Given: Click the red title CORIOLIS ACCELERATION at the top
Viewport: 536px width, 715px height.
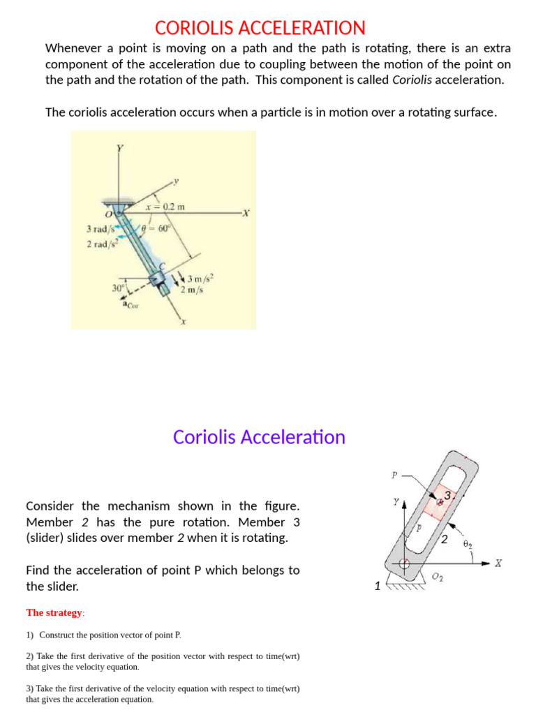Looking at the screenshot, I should click(260, 28).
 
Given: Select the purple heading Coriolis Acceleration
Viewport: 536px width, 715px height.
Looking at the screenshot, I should click(259, 437).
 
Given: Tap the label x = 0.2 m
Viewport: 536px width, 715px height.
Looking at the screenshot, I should click(164, 207).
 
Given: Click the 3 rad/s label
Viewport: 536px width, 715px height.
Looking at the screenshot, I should click(99, 228).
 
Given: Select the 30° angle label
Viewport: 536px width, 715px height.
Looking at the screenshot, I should click(118, 288).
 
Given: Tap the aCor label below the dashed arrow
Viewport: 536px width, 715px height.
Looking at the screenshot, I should click(131, 304).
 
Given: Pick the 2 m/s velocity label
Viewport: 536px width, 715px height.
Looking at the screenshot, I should click(192, 290).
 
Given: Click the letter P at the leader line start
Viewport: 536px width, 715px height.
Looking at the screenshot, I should click(394, 476).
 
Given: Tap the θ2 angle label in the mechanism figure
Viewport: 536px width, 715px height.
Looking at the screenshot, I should click(468, 543).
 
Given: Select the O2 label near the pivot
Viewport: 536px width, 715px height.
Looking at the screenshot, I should click(438, 576).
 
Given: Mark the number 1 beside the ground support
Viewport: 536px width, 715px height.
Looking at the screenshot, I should click(378, 586).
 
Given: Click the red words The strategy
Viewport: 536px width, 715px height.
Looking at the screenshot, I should click(54, 612).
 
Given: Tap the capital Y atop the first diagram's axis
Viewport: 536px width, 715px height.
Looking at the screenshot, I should click(119, 148).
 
